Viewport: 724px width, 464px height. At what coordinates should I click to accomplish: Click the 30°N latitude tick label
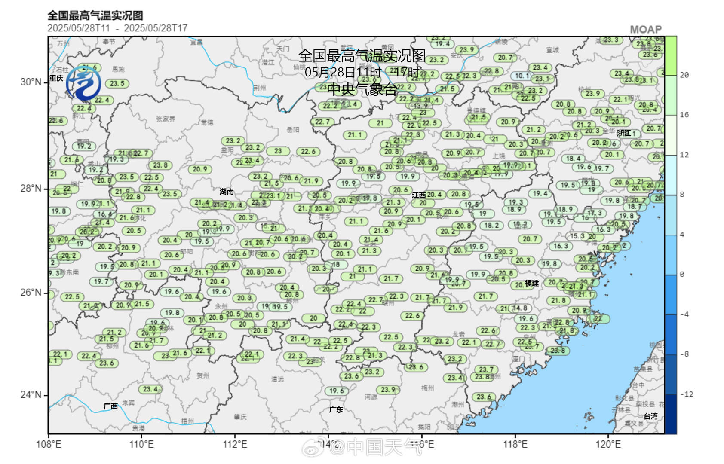[31, 82]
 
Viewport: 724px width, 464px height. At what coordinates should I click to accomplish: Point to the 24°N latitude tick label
[31, 395]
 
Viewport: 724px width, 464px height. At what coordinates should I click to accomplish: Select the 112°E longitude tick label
[235, 444]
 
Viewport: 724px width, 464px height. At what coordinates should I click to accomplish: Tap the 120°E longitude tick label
[608, 444]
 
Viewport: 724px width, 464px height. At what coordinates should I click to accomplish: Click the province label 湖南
[227, 192]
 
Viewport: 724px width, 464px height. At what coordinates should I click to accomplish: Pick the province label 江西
[418, 195]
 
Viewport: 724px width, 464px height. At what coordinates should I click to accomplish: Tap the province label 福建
[532, 284]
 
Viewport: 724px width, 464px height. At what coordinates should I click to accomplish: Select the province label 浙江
[624, 133]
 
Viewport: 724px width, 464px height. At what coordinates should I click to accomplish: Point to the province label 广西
[110, 406]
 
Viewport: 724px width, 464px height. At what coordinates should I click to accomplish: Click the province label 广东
[336, 409]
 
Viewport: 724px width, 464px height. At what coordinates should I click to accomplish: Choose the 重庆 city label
[56, 78]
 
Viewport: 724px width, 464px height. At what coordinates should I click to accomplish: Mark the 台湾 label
[650, 416]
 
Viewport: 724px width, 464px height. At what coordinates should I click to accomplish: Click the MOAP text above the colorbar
[646, 30]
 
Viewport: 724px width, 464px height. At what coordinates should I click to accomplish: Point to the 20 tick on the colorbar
[684, 75]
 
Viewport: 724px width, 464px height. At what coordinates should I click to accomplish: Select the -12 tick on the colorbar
[687, 394]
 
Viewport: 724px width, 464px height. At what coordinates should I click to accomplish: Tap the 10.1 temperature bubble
[522, 76]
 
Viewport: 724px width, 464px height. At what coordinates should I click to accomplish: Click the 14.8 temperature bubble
[519, 308]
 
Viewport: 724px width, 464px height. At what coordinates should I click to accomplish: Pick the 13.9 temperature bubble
[420, 106]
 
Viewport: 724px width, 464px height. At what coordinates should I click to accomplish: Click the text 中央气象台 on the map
[362, 89]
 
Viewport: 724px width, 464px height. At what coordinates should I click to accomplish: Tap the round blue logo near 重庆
[83, 84]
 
